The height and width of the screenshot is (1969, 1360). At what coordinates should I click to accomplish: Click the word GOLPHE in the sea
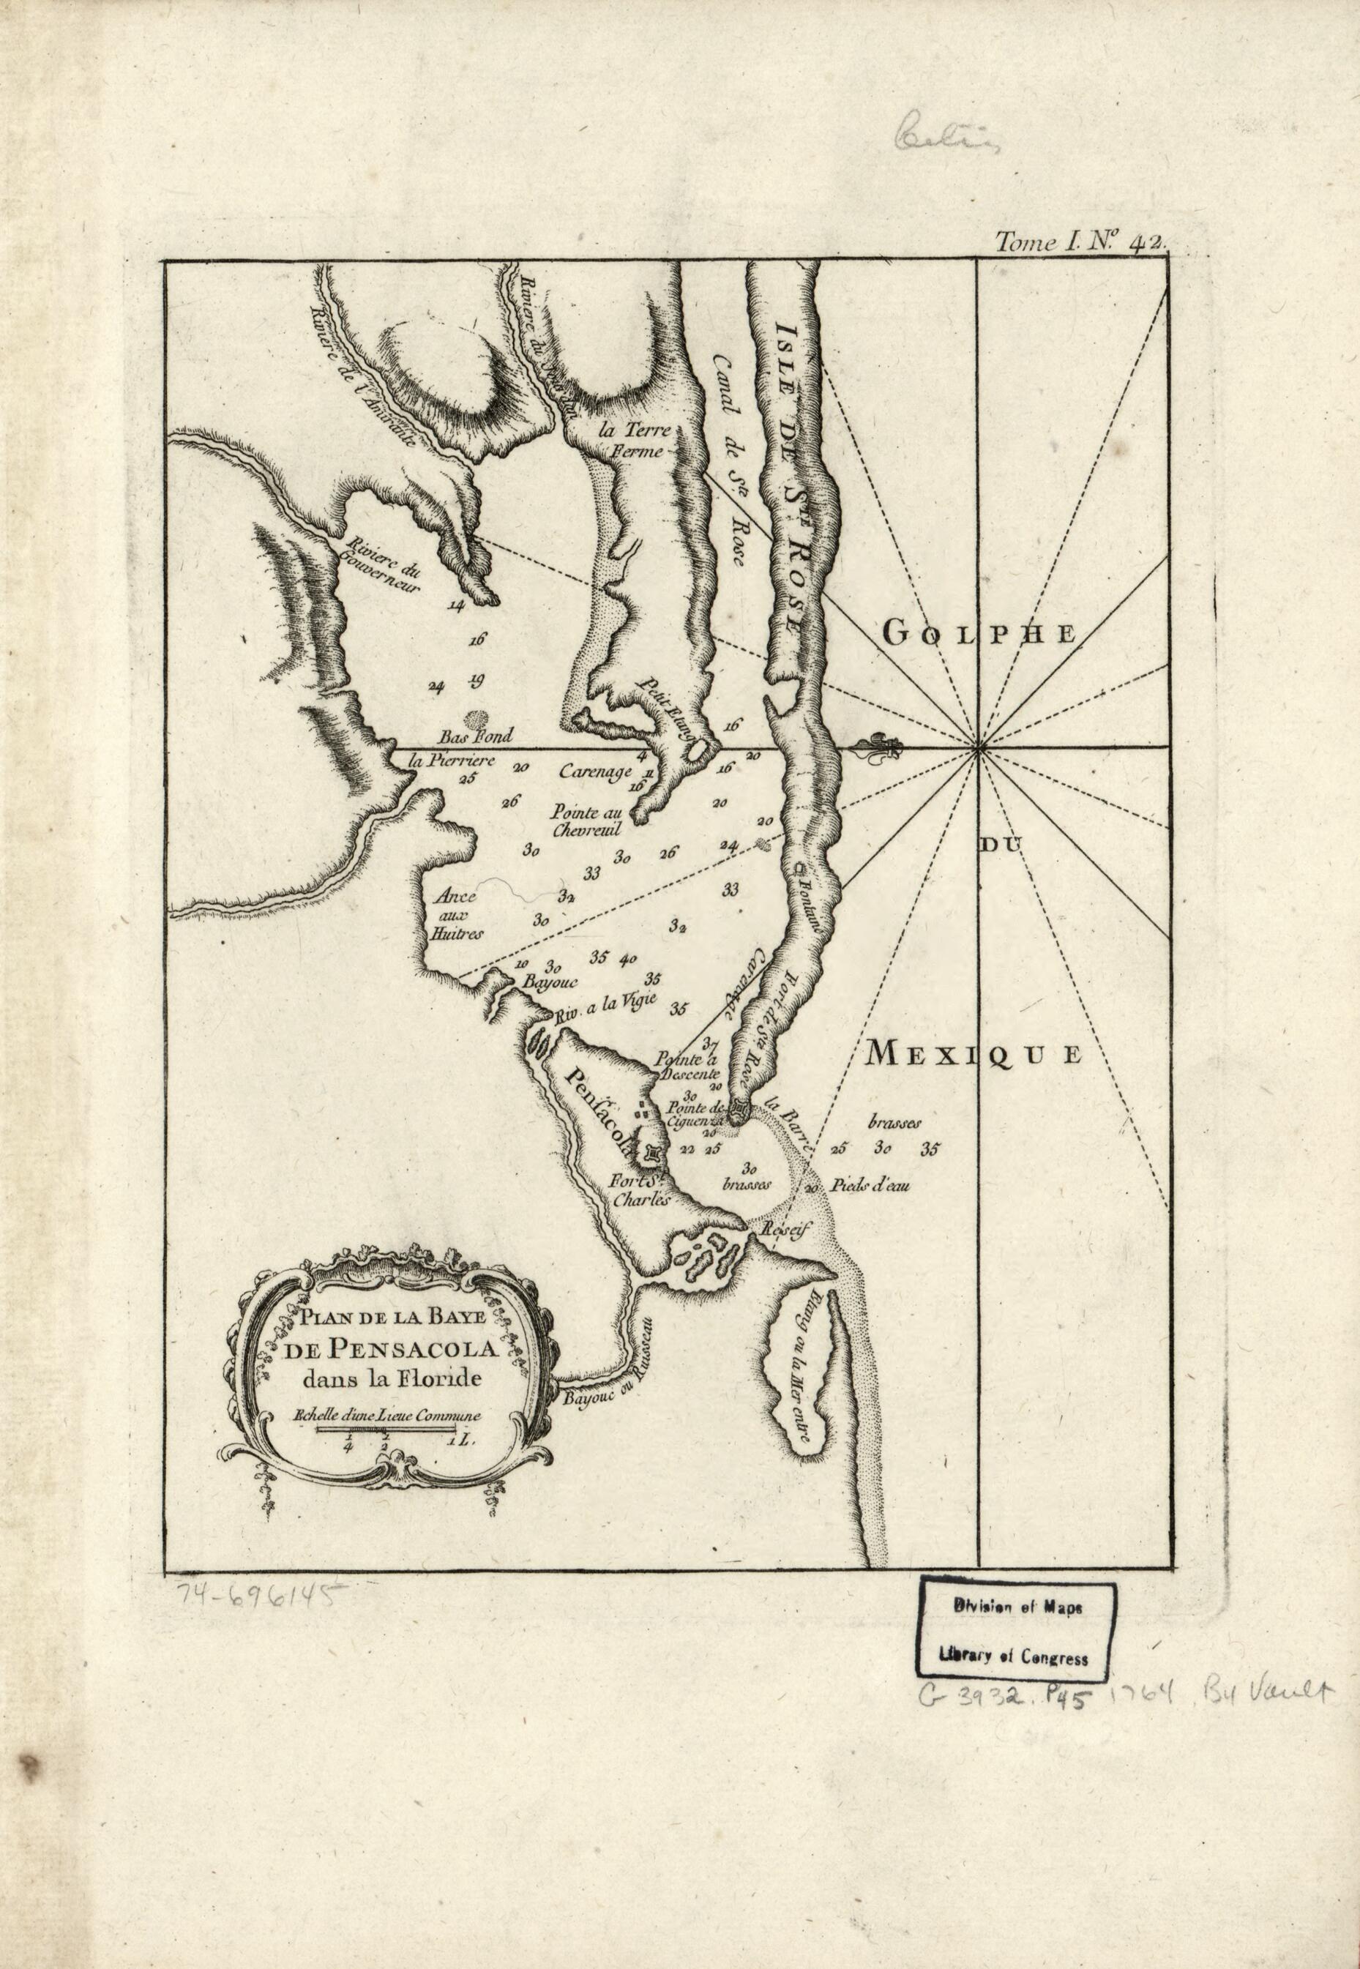pos(980,632)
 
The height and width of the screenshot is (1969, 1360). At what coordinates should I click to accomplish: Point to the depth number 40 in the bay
pos(630,957)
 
